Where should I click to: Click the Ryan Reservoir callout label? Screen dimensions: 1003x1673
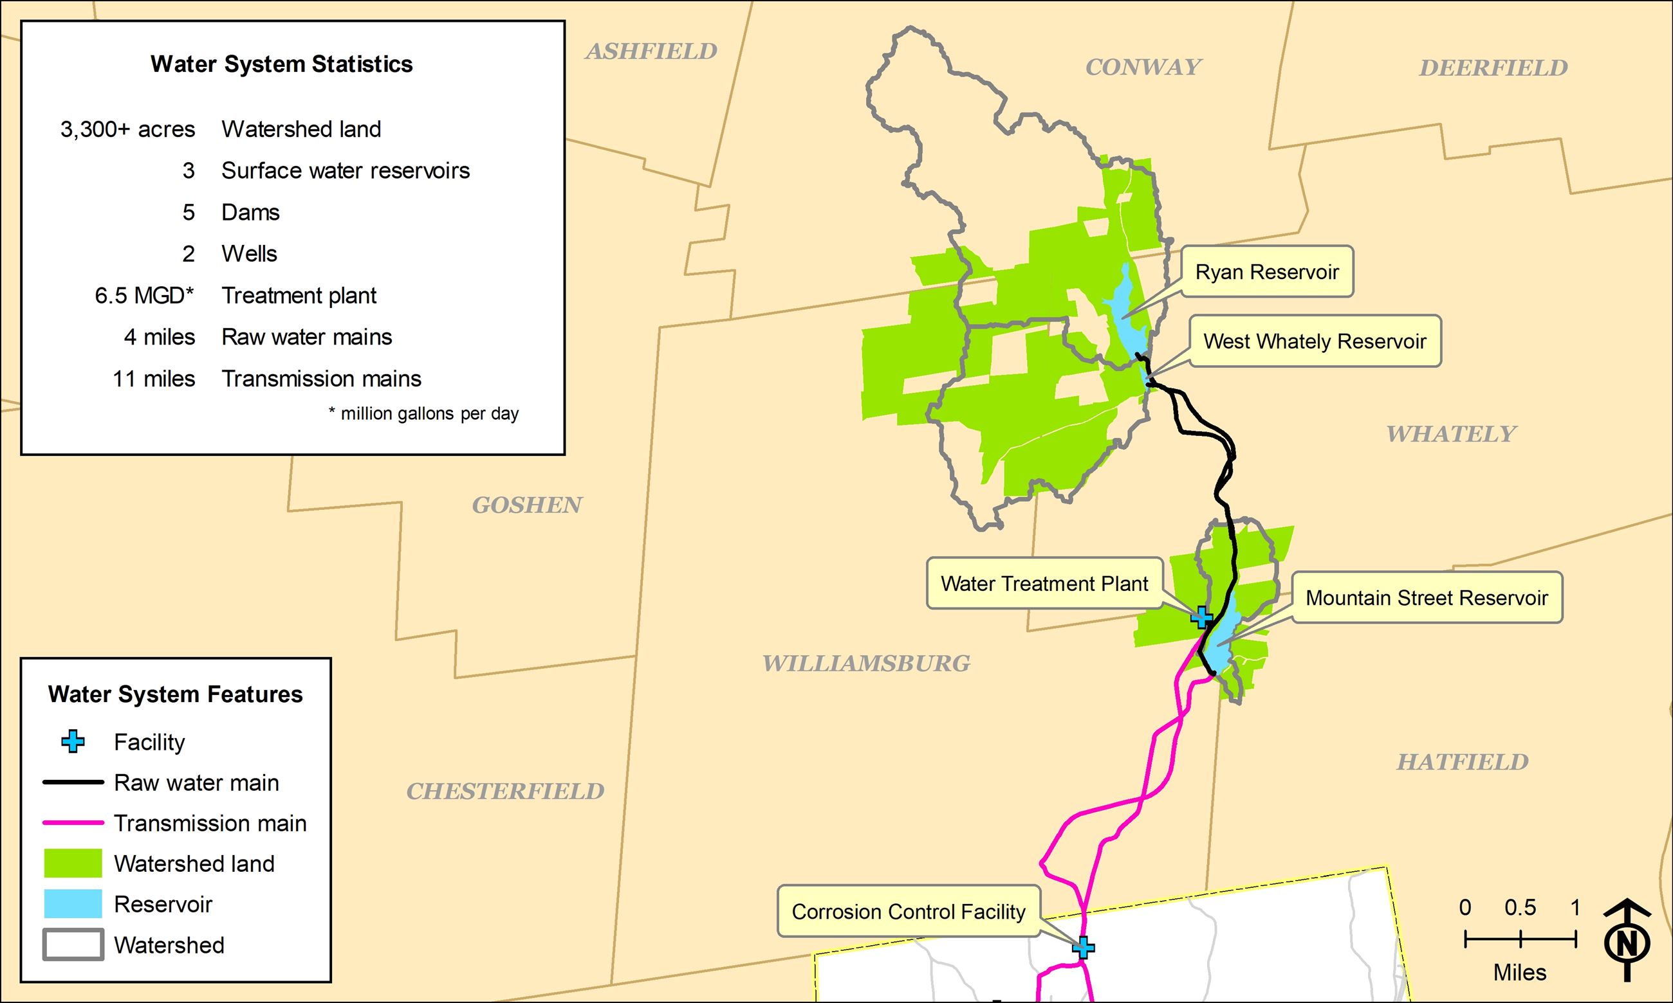[x=1267, y=272]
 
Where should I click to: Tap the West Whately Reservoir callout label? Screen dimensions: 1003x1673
[x=1315, y=341]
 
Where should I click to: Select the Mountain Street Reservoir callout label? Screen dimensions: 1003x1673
[x=1427, y=597]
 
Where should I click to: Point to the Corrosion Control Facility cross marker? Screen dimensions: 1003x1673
[x=1084, y=947]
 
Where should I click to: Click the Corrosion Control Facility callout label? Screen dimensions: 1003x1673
[x=908, y=912]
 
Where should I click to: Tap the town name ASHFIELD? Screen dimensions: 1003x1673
[x=651, y=51]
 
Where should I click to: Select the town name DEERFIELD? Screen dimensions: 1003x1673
[x=1493, y=68]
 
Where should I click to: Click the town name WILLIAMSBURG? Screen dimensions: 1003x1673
[x=866, y=664]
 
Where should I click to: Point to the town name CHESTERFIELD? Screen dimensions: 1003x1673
[x=505, y=791]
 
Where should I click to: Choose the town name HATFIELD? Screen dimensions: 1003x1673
[x=1463, y=763]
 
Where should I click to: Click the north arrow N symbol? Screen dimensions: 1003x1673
[x=1627, y=942]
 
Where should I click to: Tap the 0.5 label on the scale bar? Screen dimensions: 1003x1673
[x=1520, y=907]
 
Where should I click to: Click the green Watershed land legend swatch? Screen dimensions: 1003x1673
[x=73, y=863]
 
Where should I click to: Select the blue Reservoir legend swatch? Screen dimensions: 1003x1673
[x=73, y=903]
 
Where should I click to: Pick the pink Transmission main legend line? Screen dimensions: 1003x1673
[x=73, y=822]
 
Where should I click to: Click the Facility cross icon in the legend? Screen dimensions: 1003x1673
[x=73, y=741]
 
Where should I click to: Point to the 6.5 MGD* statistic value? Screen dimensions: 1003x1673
[x=144, y=295]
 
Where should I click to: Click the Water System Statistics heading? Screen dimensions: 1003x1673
[x=281, y=64]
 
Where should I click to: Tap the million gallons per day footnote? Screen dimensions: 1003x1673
[x=424, y=413]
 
